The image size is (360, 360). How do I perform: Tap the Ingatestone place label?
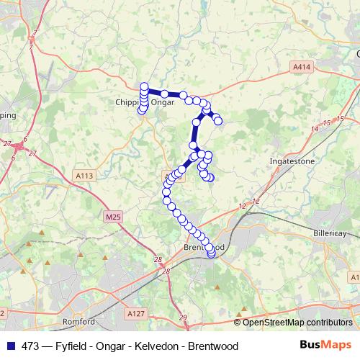pos(292,161)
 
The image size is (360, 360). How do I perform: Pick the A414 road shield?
pos(302,66)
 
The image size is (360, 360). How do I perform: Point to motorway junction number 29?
pos(183,318)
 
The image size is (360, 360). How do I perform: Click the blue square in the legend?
pos(9,346)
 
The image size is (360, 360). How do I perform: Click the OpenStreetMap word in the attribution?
pos(274,322)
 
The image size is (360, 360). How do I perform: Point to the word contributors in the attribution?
pos(329,322)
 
